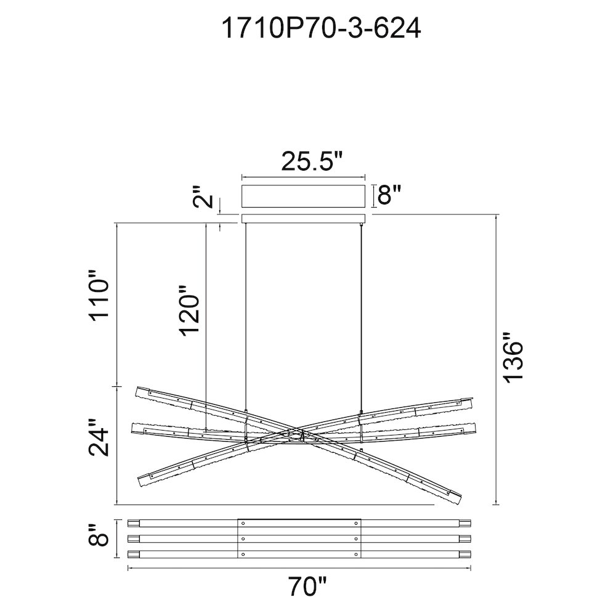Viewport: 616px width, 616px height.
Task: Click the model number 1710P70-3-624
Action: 321,28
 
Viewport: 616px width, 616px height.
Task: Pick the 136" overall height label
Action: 513,357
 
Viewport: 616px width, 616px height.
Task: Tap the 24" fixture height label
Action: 98,437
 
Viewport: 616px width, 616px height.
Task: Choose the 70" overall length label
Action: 307,586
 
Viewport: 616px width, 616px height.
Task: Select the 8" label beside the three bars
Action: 97,535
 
